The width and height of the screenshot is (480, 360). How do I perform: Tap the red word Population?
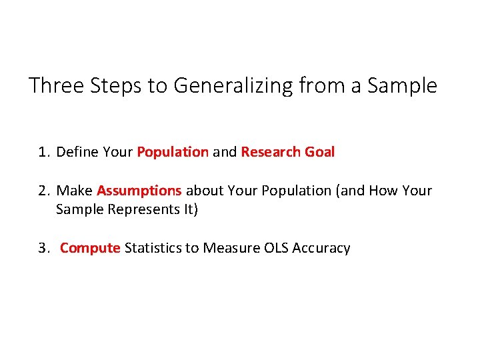tap(173, 152)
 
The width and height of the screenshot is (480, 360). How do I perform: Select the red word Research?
tap(271, 152)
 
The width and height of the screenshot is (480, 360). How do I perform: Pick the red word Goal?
tap(319, 152)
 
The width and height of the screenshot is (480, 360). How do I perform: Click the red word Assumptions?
tap(139, 191)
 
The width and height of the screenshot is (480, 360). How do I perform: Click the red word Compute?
tap(90, 248)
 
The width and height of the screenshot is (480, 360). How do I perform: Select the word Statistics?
tap(153, 248)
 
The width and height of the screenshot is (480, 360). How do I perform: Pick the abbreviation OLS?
tap(273, 248)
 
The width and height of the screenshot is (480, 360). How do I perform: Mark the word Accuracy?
tap(322, 248)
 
